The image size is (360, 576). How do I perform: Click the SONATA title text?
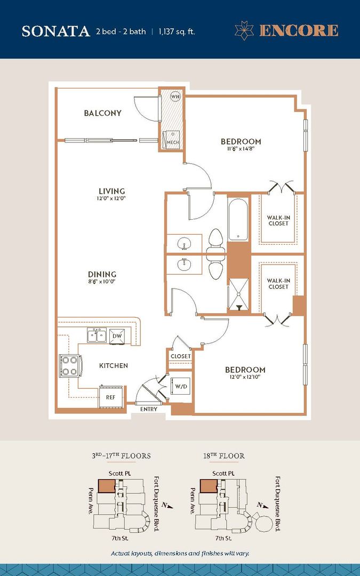point(55,31)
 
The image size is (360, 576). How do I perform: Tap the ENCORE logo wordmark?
point(298,30)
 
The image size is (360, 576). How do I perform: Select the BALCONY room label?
point(102,113)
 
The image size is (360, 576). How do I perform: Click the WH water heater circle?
point(175,97)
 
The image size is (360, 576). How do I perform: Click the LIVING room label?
point(111,191)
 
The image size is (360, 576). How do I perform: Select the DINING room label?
point(102,275)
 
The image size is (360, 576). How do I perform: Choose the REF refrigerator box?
point(110,397)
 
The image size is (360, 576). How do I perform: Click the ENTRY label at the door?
point(149,410)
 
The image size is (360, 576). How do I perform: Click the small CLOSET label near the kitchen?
point(181,356)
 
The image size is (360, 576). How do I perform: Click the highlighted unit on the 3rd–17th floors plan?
point(107,486)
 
